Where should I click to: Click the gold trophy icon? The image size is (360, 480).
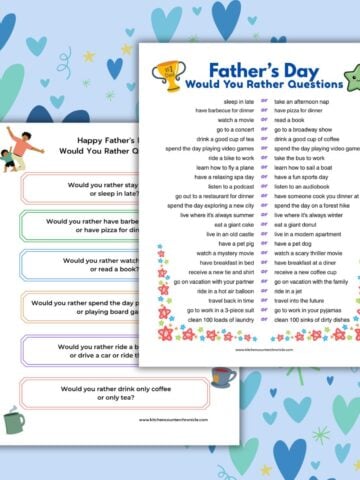[x=169, y=73]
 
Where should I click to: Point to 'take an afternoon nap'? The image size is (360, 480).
[x=297, y=102]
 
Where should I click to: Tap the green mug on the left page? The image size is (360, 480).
[x=13, y=420]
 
